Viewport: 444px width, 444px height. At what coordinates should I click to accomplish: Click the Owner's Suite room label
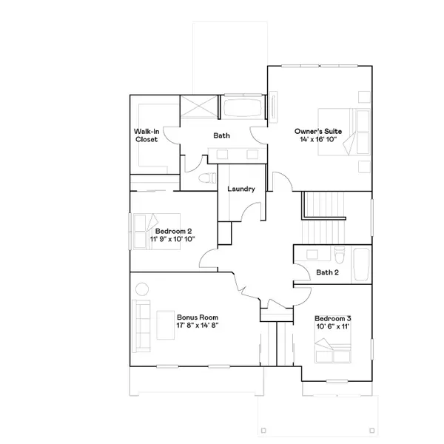[x=318, y=130]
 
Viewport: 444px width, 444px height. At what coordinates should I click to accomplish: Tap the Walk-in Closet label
[x=146, y=135]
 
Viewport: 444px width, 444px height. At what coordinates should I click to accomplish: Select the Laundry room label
[x=241, y=189]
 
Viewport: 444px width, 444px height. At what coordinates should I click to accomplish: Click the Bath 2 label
[x=328, y=272]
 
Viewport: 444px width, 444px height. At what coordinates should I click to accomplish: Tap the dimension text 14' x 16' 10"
[x=318, y=139]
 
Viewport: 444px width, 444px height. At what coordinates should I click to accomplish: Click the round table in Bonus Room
[x=141, y=289]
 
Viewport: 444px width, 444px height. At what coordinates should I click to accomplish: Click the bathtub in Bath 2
[x=360, y=265]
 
